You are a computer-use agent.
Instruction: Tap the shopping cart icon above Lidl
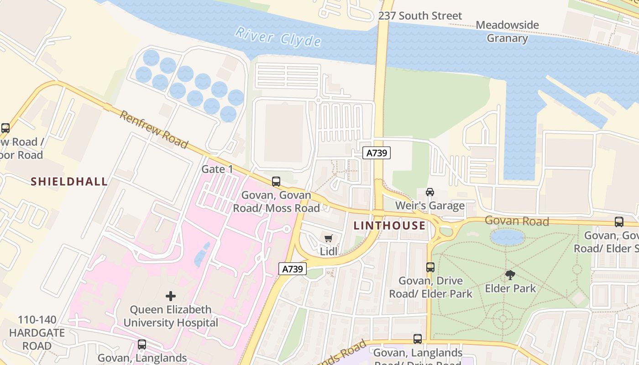click(x=328, y=238)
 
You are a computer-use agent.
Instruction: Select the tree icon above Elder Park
click(x=510, y=275)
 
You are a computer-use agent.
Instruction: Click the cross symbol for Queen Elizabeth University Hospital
click(x=170, y=296)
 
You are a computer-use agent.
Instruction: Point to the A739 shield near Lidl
click(x=292, y=269)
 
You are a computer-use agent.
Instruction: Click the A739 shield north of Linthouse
click(x=377, y=153)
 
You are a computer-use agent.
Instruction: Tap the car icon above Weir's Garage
click(x=429, y=192)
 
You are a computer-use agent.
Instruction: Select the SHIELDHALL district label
click(x=69, y=182)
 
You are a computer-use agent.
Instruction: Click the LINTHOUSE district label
click(x=389, y=225)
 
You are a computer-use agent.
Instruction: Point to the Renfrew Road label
click(x=153, y=130)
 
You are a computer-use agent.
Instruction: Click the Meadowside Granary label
click(x=507, y=31)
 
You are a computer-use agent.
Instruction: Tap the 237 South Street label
click(x=420, y=16)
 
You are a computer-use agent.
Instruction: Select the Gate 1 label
click(x=217, y=169)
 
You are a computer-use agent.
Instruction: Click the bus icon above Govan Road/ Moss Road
click(x=276, y=182)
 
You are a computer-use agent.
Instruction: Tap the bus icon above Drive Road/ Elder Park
click(x=430, y=267)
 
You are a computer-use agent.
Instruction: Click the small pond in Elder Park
click(x=507, y=237)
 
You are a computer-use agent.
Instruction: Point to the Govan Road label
click(x=516, y=221)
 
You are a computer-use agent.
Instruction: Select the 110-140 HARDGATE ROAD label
click(x=37, y=333)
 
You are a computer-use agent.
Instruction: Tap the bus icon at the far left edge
click(x=5, y=128)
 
